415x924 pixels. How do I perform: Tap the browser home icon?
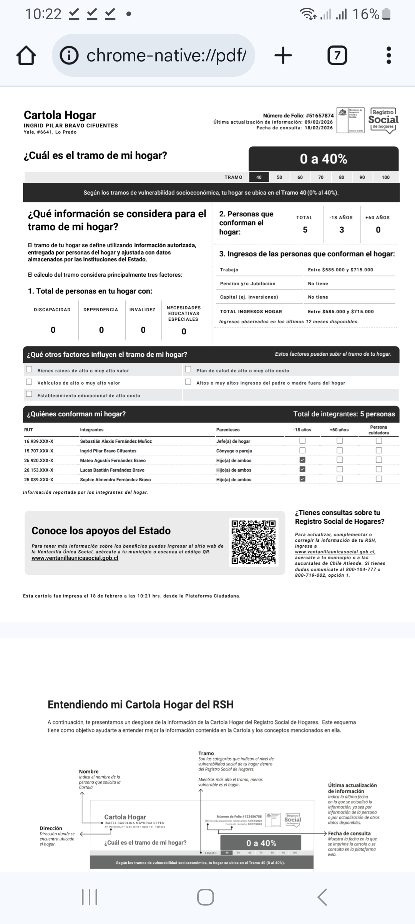pos(26,56)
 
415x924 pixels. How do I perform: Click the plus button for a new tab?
pos(283,56)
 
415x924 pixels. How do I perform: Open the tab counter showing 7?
pos(337,56)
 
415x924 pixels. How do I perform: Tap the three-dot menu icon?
pos(388,56)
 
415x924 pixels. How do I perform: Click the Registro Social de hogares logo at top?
pos(383,120)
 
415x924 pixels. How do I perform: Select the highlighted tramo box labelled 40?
pos(259,177)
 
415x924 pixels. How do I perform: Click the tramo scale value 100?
pos(385,177)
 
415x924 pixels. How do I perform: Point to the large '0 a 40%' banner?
pos(323,159)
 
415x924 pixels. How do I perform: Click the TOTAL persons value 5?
pos(305,230)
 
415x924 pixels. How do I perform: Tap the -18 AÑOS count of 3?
pos(342,230)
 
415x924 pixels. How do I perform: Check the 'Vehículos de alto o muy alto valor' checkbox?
pos(29,382)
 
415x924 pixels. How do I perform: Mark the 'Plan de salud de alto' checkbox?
pos(188,370)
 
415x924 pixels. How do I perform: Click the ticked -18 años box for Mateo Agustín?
pos(302,460)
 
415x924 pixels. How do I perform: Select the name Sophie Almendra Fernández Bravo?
pos(115,480)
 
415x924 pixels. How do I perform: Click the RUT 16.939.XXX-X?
pos(39,441)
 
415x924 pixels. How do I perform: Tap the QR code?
pos(254,541)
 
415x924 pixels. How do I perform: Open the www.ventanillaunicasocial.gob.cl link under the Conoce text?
pos(75,558)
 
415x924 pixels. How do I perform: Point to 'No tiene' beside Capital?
pos(318,297)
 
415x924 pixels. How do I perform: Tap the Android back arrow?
pos(322,897)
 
